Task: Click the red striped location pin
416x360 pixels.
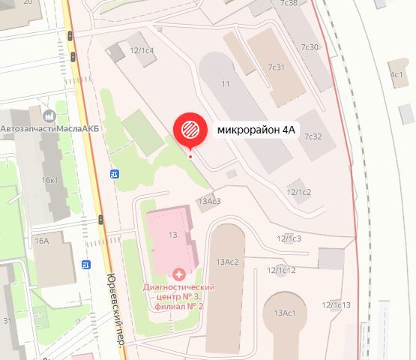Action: (x=190, y=129)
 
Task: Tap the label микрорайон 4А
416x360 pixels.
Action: (x=257, y=130)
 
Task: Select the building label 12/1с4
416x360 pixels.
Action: (x=142, y=51)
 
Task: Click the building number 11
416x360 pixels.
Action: (x=224, y=83)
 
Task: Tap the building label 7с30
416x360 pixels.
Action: (x=310, y=47)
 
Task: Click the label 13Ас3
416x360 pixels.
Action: (x=208, y=201)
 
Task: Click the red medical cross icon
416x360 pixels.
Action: (x=178, y=274)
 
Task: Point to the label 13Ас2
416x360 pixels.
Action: (x=226, y=261)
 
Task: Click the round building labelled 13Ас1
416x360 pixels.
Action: (x=285, y=312)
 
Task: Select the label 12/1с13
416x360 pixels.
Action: (x=337, y=304)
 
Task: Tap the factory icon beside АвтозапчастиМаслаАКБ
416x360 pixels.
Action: (x=50, y=116)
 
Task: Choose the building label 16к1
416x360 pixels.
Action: (x=50, y=180)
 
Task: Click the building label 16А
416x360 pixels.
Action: (x=41, y=240)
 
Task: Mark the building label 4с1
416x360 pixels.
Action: (x=397, y=74)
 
